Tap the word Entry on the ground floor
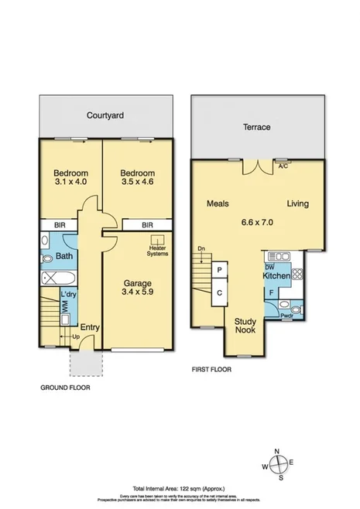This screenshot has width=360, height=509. point(90,327)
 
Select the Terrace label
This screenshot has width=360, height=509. point(257,127)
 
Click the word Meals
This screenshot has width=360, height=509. point(217,204)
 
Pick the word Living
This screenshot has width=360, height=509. point(298,204)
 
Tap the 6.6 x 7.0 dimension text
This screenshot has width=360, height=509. point(257,220)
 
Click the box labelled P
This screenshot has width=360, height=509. point(220,269)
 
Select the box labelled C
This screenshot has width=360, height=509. point(220,292)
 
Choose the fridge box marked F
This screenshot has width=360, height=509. point(271,293)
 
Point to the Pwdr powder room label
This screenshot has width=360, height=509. point(287,315)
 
